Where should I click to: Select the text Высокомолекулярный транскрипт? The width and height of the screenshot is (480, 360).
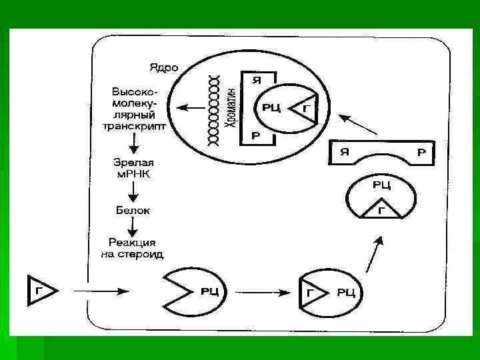coord(135,109)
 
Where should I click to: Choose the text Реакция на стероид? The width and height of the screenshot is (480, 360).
coord(135,247)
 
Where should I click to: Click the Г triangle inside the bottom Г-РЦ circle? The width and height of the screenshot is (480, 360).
coord(310,292)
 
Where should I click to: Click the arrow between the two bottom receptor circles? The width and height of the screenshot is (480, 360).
coord(260,291)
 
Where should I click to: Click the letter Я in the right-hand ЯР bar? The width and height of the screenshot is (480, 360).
coord(345,151)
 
